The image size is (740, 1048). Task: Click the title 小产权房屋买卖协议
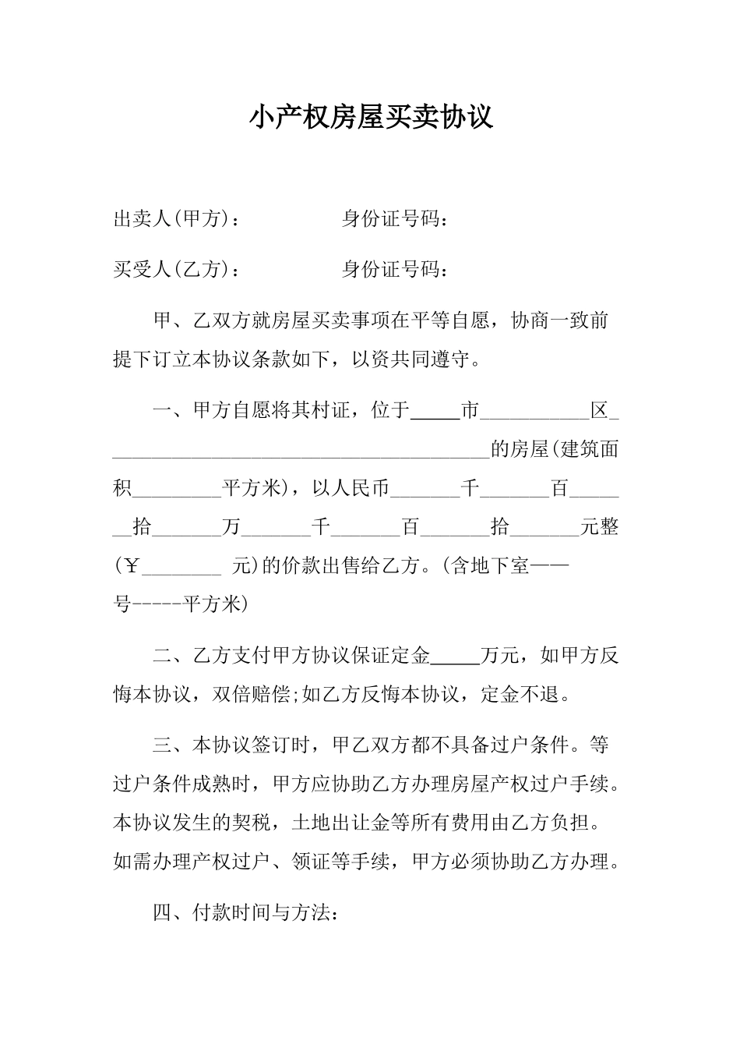pos(371,118)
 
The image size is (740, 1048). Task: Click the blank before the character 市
pos(435,411)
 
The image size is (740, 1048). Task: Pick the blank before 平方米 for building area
pos(178,489)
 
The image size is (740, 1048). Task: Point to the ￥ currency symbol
pos(131,567)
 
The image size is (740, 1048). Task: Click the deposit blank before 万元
pos(455,657)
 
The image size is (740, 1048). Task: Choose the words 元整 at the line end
pos(600,528)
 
